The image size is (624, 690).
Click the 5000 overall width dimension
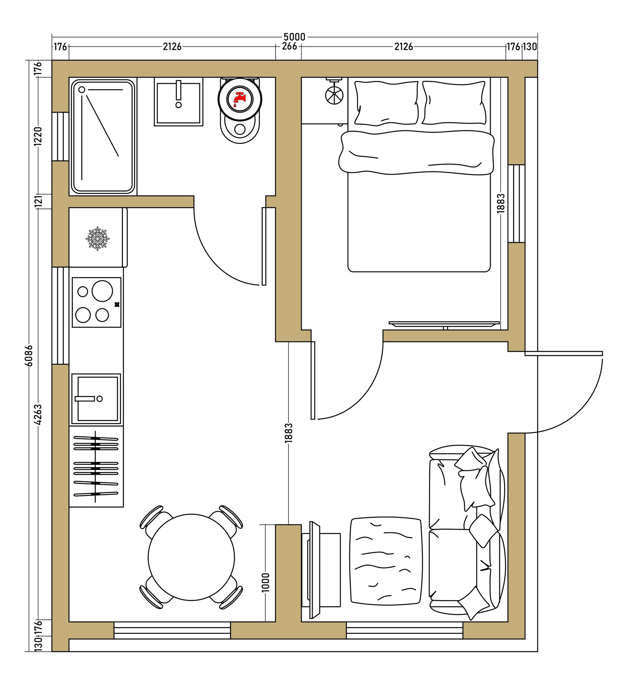294,37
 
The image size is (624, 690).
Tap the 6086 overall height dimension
29,356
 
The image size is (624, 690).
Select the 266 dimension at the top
289,46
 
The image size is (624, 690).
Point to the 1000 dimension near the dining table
265,583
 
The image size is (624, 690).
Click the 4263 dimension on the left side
38,415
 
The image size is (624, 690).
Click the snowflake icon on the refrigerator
97,238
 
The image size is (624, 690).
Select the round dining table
191,557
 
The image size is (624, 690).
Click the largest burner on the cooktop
102,291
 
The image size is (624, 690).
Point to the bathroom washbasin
178,102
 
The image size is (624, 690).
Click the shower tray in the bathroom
103,137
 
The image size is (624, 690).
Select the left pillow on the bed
386,103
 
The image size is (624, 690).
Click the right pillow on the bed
454,103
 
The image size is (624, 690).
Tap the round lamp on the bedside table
334,95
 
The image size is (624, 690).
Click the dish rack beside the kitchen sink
96,466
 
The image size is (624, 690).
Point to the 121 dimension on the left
38,201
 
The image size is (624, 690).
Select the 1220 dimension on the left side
38,136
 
